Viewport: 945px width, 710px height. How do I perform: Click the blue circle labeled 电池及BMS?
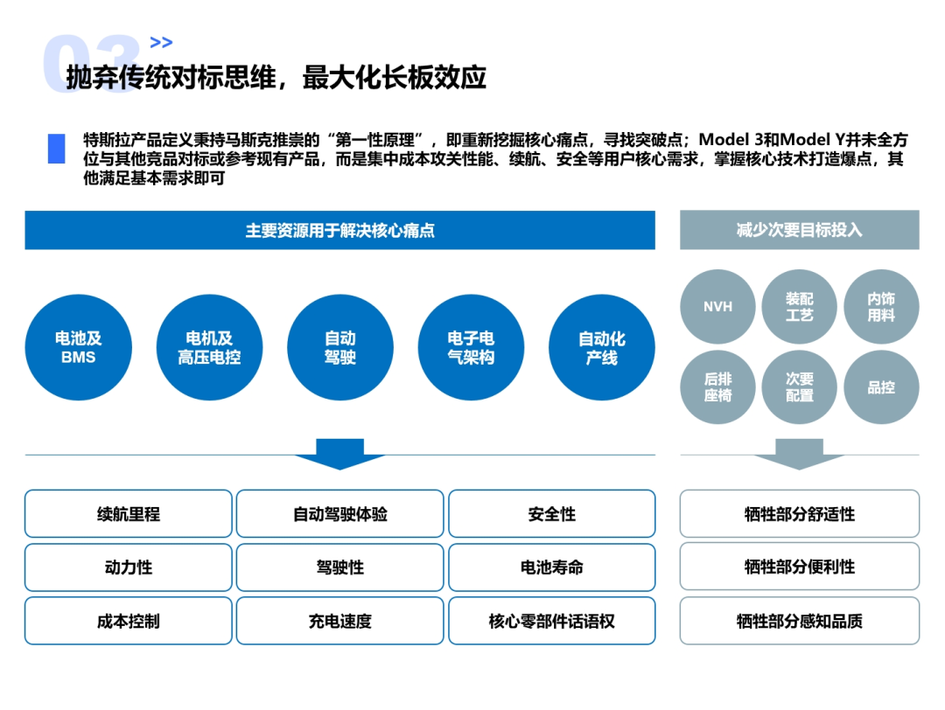click(78, 347)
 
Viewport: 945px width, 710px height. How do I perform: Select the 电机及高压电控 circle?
click(209, 347)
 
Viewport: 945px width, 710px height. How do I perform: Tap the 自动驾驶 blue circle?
click(339, 347)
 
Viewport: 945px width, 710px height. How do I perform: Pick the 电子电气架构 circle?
click(471, 347)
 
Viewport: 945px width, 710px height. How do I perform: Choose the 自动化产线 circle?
click(601, 347)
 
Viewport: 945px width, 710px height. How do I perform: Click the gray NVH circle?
click(717, 307)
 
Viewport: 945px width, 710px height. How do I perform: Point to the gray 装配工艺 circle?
click(799, 307)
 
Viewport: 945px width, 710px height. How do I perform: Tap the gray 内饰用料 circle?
click(880, 307)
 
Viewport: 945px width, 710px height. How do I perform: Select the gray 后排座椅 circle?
click(717, 387)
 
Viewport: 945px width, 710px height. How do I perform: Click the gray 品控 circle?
click(880, 387)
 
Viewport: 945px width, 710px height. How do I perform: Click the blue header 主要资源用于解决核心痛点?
click(339, 231)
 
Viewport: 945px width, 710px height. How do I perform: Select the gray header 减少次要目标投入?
click(799, 230)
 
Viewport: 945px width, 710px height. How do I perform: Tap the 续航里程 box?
click(129, 514)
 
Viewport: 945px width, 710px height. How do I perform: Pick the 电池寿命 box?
click(551, 567)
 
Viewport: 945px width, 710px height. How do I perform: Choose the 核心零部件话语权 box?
click(551, 622)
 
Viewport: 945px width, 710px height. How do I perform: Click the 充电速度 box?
click(339, 622)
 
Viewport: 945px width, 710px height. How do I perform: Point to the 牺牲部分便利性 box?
click(799, 567)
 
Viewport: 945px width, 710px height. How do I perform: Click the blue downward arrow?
click(339, 453)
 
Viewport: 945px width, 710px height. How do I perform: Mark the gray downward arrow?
click(799, 453)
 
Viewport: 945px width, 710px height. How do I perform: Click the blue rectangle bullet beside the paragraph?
click(56, 149)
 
